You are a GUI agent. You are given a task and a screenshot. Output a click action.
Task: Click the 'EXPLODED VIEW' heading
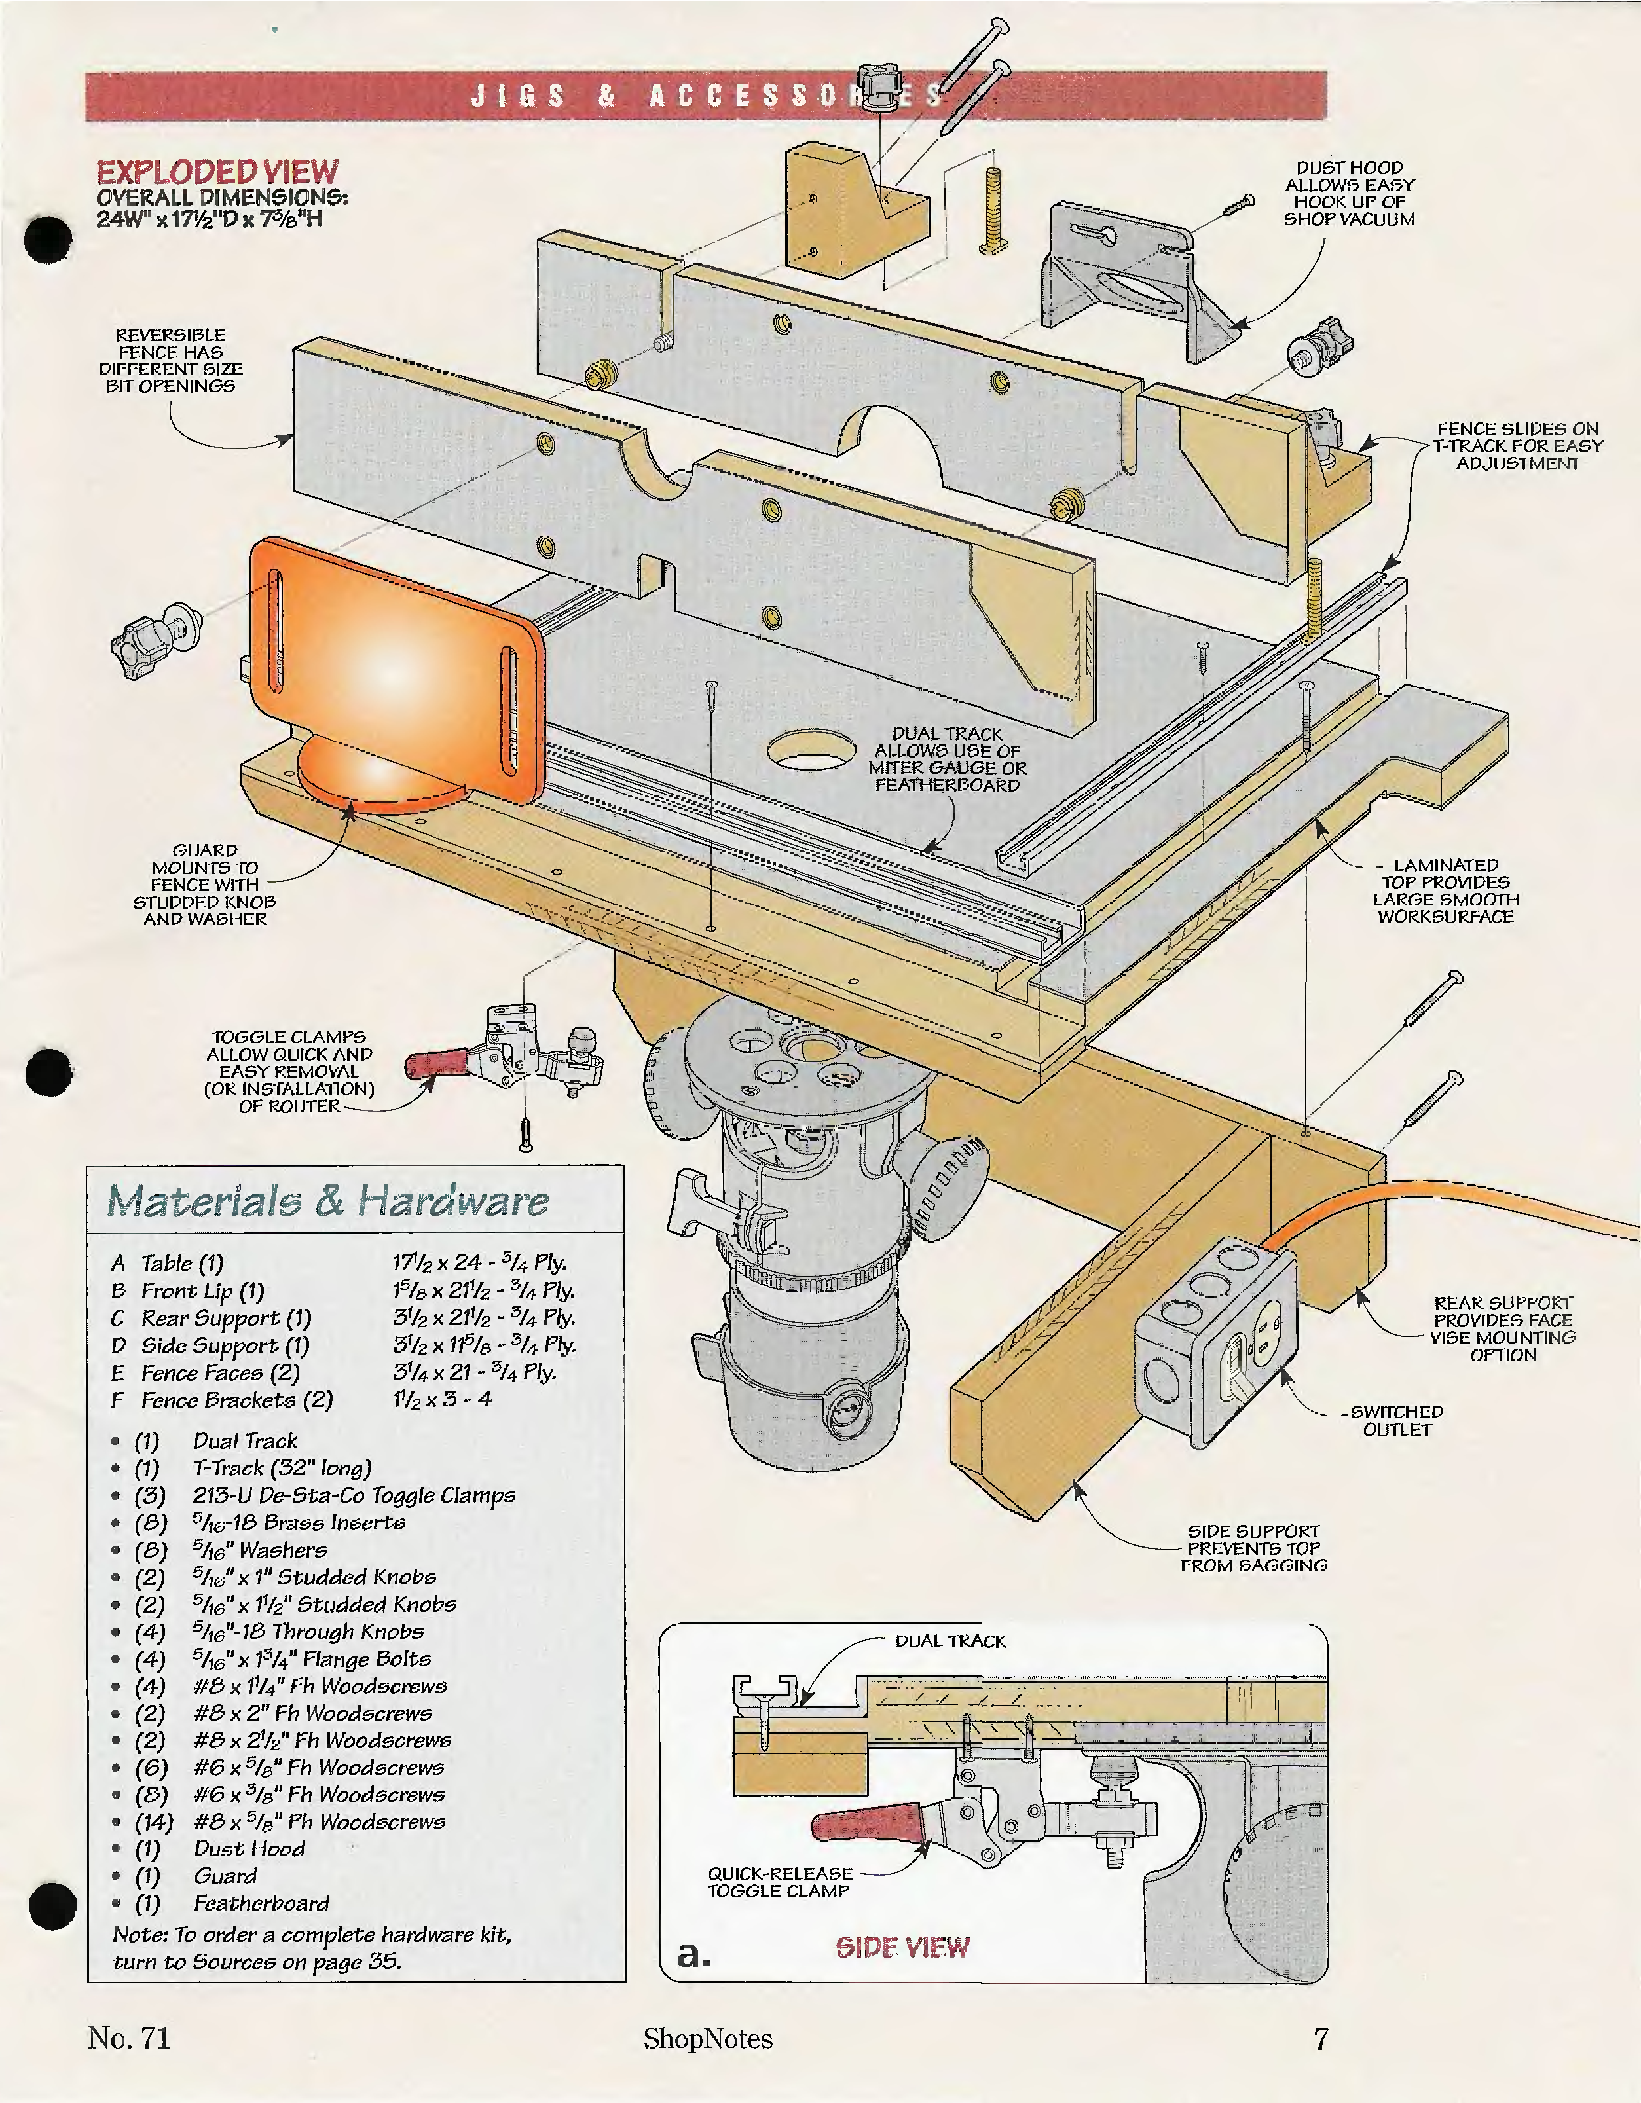click(217, 172)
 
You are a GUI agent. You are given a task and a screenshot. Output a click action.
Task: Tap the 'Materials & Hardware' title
click(327, 1201)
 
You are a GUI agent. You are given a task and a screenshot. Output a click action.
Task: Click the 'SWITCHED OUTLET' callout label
click(1396, 1420)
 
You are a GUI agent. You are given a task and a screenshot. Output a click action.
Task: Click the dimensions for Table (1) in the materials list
click(479, 1262)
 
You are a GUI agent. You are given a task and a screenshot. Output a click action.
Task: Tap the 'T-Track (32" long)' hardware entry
click(281, 1469)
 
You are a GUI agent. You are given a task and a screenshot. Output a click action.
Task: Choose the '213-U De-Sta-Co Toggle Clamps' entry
click(354, 1495)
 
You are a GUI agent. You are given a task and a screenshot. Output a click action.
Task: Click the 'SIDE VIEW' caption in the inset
click(902, 1947)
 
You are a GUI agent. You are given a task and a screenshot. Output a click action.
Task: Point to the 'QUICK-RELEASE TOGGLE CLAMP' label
click(780, 1882)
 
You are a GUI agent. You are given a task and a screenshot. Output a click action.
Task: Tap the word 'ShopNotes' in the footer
click(708, 2038)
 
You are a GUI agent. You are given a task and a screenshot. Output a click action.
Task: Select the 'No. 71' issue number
click(129, 2038)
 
